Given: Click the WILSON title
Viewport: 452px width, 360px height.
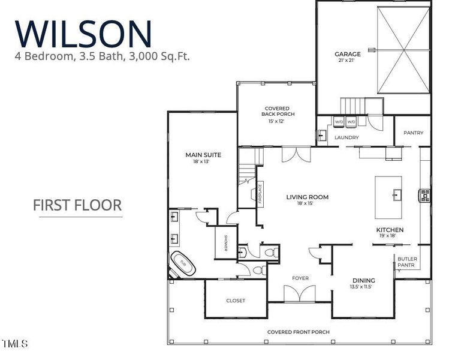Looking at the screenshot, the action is click(83, 34).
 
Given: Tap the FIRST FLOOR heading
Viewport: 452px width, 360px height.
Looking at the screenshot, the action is click(77, 205).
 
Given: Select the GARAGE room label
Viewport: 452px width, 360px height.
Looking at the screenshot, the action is click(348, 54).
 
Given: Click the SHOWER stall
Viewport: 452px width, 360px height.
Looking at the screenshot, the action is click(226, 242).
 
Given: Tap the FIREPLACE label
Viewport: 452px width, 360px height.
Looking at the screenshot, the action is click(260, 194).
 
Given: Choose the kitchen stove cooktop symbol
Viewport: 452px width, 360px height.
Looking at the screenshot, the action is click(424, 195).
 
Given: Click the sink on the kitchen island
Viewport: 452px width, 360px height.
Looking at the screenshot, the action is click(397, 194).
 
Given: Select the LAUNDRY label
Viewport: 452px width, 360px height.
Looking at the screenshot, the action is click(346, 137).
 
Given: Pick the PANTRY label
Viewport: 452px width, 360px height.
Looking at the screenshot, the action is click(414, 133).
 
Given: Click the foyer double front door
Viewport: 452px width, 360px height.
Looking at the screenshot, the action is click(300, 293).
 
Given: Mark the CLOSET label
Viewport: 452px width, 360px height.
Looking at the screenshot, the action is click(236, 301).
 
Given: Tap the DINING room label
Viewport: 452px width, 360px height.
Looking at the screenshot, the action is click(364, 280).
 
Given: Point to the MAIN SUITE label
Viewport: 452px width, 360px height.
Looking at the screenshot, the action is click(203, 155).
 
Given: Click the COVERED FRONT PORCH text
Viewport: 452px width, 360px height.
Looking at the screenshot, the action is click(299, 332).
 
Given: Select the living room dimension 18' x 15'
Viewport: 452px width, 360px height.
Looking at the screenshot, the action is click(305, 203).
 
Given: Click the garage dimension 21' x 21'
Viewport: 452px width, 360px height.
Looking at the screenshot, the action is click(346, 60).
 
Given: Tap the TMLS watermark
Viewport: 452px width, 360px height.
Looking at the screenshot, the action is click(15, 344).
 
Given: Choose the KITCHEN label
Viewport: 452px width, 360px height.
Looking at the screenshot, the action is click(390, 230).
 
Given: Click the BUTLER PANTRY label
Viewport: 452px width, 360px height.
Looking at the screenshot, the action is click(407, 262).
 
